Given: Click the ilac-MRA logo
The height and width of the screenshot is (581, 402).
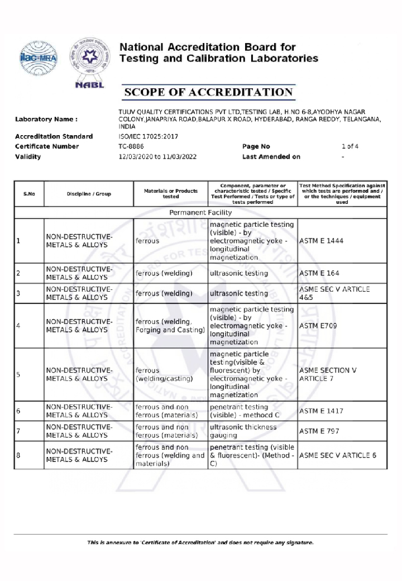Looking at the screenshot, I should click(x=37, y=60).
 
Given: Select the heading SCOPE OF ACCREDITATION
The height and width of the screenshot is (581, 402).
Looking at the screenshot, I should click(x=208, y=92).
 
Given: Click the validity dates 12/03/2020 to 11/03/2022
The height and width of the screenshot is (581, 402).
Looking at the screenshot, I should click(x=157, y=157).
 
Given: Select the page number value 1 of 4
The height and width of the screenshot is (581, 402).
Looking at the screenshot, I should click(x=350, y=146).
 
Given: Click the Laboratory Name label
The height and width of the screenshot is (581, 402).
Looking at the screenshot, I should click(x=46, y=119).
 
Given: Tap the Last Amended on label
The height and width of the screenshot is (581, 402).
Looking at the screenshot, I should click(x=271, y=157).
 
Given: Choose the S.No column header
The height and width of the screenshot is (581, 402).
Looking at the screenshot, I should click(x=29, y=194).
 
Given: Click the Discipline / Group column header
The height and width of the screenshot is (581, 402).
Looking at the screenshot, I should click(x=89, y=194).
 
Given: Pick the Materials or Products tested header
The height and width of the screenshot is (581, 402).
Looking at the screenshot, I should click(x=170, y=194).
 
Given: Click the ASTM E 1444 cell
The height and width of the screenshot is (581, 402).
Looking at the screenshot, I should click(x=322, y=241).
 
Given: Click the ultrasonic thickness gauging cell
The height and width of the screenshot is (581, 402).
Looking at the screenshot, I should click(x=243, y=431).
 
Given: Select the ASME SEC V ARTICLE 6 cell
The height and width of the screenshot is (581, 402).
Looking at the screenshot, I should click(x=338, y=455).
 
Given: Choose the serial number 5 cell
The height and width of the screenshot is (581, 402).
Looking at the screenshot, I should click(x=18, y=374).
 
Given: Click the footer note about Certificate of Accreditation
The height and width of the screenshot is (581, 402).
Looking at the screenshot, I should click(x=200, y=542).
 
